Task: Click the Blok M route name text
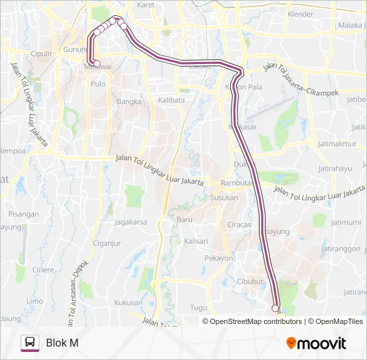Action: pyautogui.click(x=62, y=343)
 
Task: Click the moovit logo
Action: pyautogui.click(x=316, y=343)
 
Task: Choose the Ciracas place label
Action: pyautogui.click(x=239, y=225)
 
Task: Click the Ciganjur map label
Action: pyautogui.click(x=107, y=243)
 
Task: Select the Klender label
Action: pyautogui.click(x=300, y=13)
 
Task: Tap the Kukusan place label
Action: pyautogui.click(x=129, y=302)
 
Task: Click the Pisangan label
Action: pyautogui.click(x=24, y=214)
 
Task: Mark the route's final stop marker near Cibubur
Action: pyautogui.click(x=276, y=307)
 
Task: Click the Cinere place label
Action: pyautogui.click(x=43, y=270)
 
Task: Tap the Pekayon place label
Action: pyautogui.click(x=219, y=258)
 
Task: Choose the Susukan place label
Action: pyautogui.click(x=224, y=197)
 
